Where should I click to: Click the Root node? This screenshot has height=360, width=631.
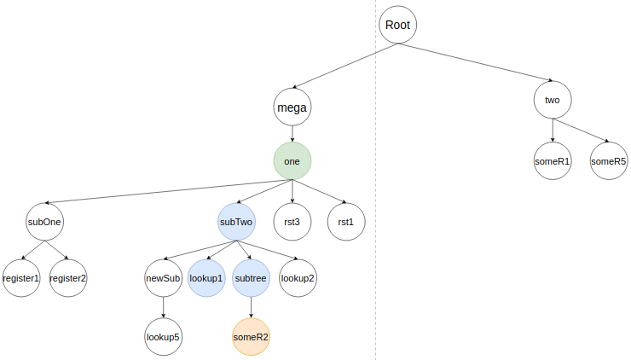[x=397, y=25]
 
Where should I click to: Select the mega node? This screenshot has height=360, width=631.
[x=292, y=107]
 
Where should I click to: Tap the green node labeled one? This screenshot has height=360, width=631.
[x=292, y=160]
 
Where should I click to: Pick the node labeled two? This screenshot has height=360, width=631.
[x=553, y=100]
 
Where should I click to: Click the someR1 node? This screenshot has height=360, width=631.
[x=553, y=160]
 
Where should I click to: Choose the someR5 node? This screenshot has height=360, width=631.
[x=609, y=160]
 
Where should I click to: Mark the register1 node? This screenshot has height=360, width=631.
[x=20, y=278]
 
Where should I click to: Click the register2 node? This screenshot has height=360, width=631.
[x=68, y=278]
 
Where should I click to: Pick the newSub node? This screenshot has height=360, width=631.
[x=162, y=278]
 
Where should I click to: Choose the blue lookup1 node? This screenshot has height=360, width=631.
[x=206, y=278]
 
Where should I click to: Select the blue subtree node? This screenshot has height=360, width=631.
[x=251, y=278]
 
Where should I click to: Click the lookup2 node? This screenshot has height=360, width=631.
[x=298, y=278]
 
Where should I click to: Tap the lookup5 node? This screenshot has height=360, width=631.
[x=162, y=337]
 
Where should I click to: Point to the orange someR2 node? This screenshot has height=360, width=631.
[x=251, y=337]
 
